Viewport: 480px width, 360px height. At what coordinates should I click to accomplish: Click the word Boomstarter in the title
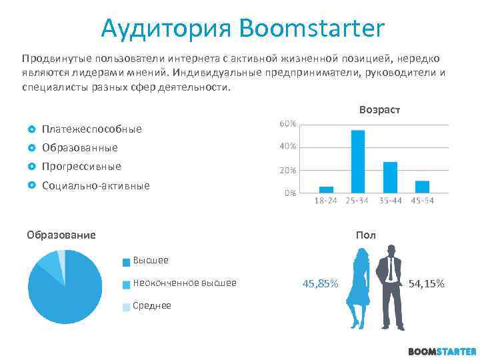coord(311,29)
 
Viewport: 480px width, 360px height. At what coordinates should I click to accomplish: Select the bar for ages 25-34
coord(358,161)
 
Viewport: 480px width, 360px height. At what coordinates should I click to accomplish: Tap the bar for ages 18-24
coord(326,189)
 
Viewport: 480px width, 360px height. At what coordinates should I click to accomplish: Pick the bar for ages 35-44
coord(390,177)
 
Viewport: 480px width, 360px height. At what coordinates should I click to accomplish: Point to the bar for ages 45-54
coord(422,186)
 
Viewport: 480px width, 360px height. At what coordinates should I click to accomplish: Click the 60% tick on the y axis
coord(288,125)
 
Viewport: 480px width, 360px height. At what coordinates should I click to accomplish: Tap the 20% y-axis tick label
coord(288,170)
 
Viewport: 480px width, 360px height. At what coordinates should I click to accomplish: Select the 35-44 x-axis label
coord(390,201)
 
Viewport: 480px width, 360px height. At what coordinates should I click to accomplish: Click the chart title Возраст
coord(379,109)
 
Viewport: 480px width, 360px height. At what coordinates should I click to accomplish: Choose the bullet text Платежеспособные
coord(91,129)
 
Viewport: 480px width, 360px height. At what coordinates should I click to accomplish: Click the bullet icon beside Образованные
coord(31,147)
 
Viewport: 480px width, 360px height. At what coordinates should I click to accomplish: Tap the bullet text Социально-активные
coord(96,185)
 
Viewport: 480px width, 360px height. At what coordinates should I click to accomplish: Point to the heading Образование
coord(61,235)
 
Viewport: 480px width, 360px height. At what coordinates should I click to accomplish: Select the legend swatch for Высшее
coord(126,261)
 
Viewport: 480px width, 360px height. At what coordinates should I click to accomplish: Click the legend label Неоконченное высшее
coord(185,283)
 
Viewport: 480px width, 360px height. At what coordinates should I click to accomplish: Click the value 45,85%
coord(320,284)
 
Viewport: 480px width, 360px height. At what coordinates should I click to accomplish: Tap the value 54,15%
coord(427,284)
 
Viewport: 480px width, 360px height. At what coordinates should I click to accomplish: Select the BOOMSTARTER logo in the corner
coord(442,351)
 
